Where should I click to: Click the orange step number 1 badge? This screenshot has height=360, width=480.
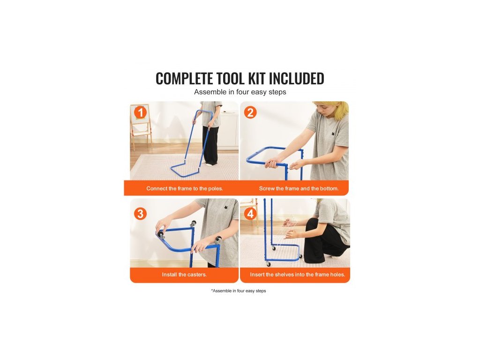141,112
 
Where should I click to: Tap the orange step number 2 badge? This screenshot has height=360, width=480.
250,112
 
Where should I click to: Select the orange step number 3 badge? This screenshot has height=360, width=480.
140,214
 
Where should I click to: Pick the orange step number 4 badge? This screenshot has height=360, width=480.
250,214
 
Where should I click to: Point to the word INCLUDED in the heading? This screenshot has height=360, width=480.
296,78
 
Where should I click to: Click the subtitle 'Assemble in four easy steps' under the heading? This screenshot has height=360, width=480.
240,92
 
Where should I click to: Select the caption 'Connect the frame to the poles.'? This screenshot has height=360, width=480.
185,188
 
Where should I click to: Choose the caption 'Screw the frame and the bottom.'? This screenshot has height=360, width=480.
299,188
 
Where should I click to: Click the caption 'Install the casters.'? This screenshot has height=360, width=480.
184,275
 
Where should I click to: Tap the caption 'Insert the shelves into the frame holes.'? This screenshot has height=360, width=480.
297,275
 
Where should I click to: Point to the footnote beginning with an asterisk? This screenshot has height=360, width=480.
239,291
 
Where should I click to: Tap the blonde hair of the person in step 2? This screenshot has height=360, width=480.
337,110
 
